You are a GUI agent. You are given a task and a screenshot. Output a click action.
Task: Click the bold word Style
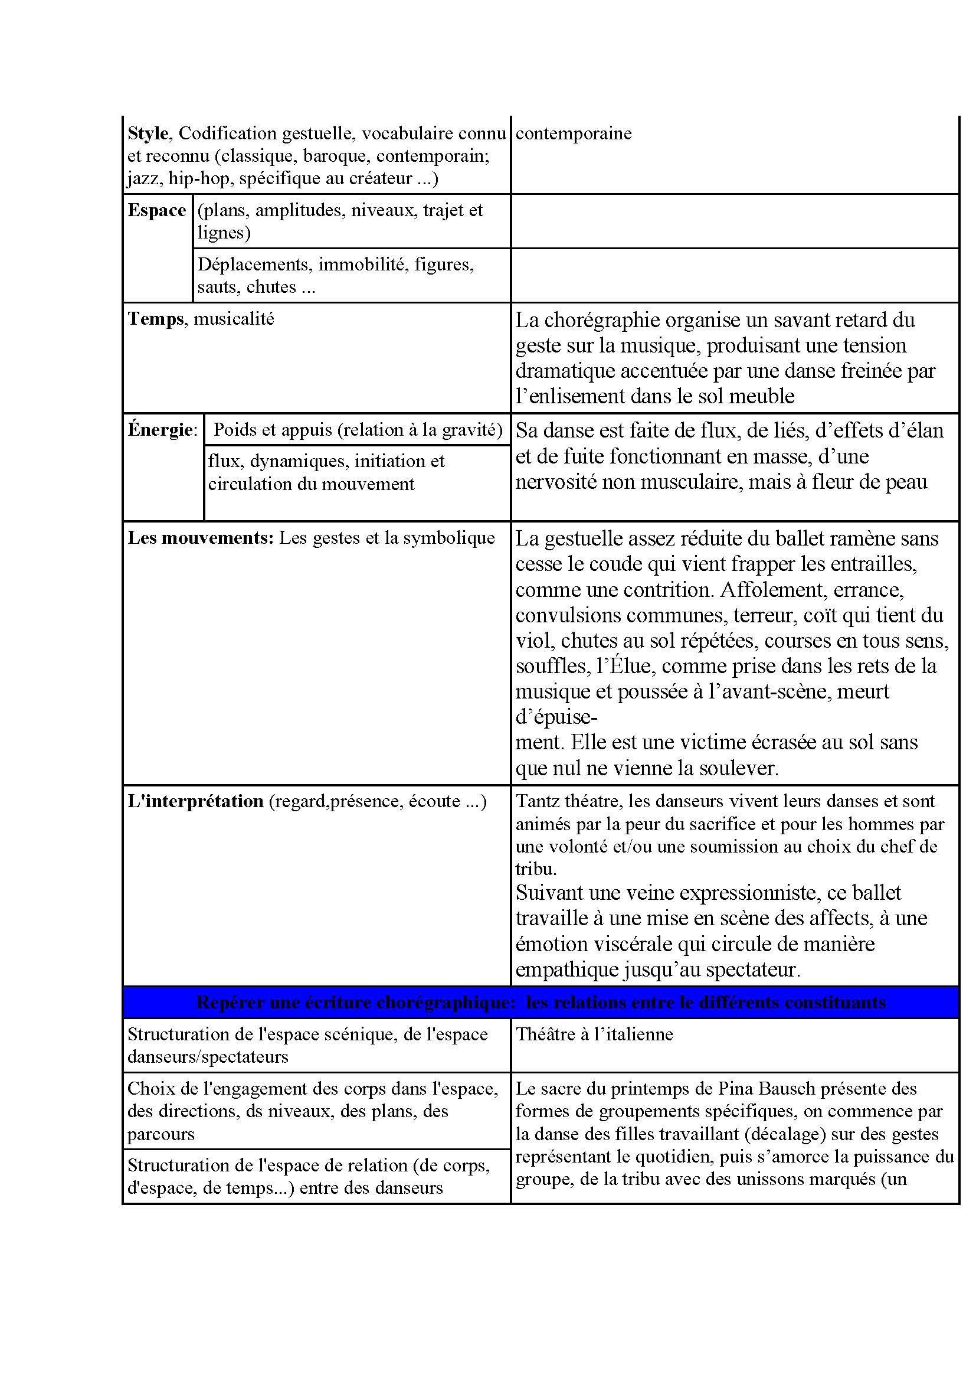click(x=148, y=133)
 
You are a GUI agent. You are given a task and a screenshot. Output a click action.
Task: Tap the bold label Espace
click(x=157, y=211)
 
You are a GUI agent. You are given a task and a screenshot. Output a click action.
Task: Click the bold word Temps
click(x=156, y=319)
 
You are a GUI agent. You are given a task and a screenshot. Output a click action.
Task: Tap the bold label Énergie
click(x=161, y=430)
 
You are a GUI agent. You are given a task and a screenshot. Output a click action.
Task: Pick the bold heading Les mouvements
click(x=201, y=538)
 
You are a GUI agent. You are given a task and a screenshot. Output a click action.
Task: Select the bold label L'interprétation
click(x=195, y=802)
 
